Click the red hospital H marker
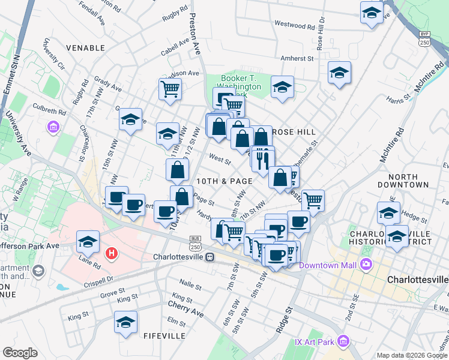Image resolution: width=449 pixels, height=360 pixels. tap(111, 254)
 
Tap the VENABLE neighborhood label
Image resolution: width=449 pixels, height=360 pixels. tap(86, 47)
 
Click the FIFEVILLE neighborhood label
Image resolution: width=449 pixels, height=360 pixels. tap(164, 336)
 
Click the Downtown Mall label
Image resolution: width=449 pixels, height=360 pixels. tap(328, 265)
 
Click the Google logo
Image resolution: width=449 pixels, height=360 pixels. tap(20, 352)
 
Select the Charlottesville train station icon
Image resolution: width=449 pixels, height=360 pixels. tap(210, 257)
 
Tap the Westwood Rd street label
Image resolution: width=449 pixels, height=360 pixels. tap(294, 26)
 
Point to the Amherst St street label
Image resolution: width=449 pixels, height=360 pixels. tap(298, 59)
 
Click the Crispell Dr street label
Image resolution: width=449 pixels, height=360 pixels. tap(99, 280)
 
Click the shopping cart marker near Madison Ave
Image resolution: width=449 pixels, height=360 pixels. tap(170, 89)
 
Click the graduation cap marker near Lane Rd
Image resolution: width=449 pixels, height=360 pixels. tap(88, 242)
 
